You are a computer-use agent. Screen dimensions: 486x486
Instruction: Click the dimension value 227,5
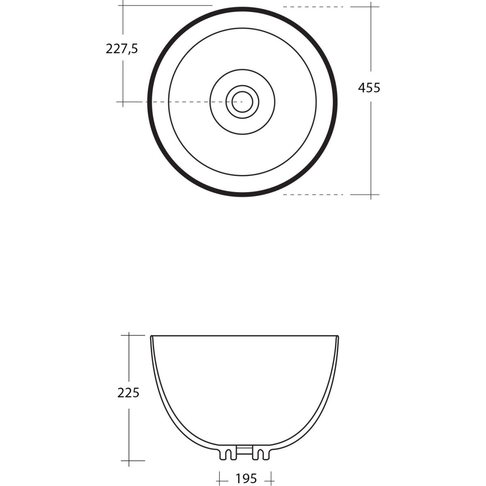[122, 49]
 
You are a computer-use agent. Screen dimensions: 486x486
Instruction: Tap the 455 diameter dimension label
[369, 88]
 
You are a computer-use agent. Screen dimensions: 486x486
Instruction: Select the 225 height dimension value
[128, 393]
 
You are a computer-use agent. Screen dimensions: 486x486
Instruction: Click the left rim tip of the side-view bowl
[151, 337]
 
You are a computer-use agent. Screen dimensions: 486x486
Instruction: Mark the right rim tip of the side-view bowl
[337, 337]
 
